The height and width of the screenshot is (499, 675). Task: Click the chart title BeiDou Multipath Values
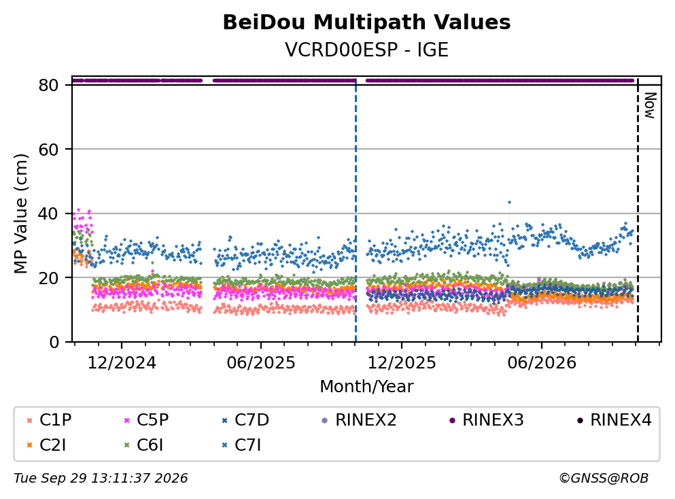click(366, 22)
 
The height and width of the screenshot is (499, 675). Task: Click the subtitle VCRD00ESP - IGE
click(366, 50)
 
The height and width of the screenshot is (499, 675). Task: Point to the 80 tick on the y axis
click(49, 85)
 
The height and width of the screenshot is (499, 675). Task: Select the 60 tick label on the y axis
click(49, 150)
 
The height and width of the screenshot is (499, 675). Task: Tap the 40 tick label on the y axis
click(49, 213)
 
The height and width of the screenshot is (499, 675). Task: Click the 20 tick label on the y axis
click(49, 278)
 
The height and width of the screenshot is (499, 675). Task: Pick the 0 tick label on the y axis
click(54, 342)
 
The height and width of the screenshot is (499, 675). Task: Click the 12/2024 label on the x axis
click(122, 363)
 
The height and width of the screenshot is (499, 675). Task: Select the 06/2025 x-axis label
click(261, 363)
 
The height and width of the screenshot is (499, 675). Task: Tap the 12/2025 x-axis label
click(402, 363)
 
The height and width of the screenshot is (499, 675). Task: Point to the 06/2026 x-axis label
click(542, 363)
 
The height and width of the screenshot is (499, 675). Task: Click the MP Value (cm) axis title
click(20, 213)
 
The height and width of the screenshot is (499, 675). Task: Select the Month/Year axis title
click(366, 387)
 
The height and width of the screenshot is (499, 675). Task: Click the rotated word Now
click(650, 105)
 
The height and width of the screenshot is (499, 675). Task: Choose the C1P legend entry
click(49, 419)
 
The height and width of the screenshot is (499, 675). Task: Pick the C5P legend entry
click(146, 419)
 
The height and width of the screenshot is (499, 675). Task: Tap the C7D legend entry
click(245, 419)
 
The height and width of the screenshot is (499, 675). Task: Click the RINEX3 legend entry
click(487, 419)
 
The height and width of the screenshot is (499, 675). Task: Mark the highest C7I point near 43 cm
click(509, 202)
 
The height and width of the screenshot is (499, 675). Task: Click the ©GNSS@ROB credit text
click(604, 479)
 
